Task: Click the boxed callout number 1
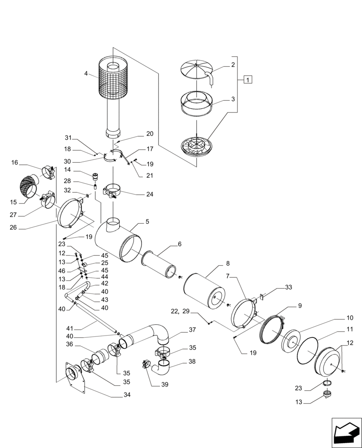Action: (x=248, y=80)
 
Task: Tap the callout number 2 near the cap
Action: (x=233, y=65)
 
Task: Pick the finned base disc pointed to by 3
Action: (x=197, y=147)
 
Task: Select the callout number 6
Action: (x=179, y=244)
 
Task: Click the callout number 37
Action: (x=192, y=330)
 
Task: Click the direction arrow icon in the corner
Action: (x=345, y=431)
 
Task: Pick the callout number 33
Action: (x=288, y=287)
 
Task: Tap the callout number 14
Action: (x=68, y=170)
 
